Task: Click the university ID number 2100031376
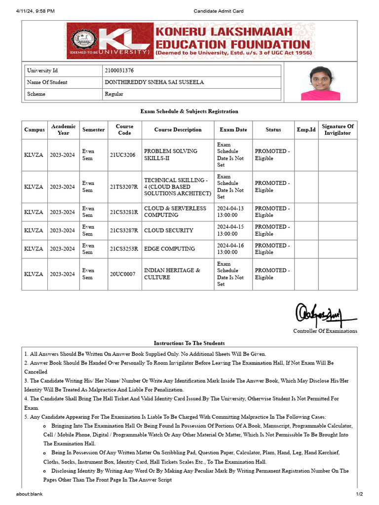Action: [119, 71]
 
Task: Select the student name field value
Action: [154, 82]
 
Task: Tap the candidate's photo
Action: [320, 83]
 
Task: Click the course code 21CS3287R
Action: [124, 230]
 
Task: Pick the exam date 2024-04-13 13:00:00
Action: [231, 212]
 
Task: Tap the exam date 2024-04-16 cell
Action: [231, 249]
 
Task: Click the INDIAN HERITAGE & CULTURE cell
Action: [172, 274]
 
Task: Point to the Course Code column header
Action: [124, 130]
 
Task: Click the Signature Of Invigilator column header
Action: [338, 130]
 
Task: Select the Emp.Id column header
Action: [305, 130]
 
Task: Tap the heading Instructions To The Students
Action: [189, 343]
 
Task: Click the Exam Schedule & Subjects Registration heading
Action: [189, 111]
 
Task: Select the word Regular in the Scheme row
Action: [114, 94]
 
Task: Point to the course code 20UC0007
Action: [122, 274]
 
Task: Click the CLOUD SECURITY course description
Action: [168, 230]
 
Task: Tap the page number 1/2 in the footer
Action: [359, 494]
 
